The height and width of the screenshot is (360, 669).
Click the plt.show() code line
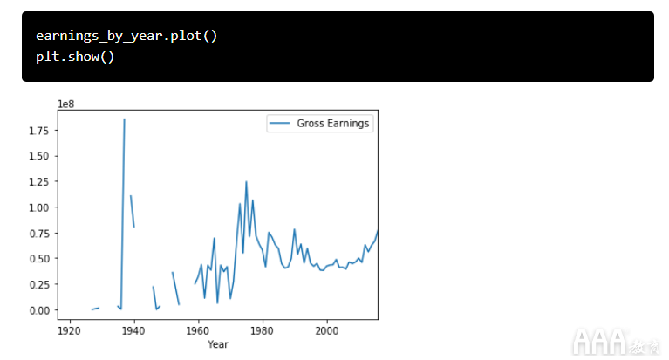tap(75, 57)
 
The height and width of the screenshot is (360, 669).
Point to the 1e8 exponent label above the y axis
tap(65, 105)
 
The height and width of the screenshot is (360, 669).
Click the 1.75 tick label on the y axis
tap(37, 131)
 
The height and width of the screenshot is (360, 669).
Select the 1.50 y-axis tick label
tap(37, 156)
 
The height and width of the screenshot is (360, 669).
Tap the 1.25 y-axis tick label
tap(37, 181)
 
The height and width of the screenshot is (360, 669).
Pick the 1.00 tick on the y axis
tap(37, 207)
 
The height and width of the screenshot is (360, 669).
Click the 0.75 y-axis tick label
tap(37, 233)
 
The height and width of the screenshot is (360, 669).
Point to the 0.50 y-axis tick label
tap(37, 259)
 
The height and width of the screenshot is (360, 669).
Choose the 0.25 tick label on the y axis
tap(37, 284)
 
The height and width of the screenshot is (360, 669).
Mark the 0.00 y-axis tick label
tap(37, 310)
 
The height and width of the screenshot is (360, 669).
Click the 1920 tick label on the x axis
tap(69, 331)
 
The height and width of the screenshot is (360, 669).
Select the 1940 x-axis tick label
tap(133, 331)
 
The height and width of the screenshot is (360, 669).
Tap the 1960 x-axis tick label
tap(198, 331)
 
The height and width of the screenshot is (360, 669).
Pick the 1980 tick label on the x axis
tap(263, 331)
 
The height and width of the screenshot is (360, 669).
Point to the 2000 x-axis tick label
tap(327, 331)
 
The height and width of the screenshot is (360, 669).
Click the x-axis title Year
tap(218, 345)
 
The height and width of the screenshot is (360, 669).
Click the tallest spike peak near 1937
tap(124, 119)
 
